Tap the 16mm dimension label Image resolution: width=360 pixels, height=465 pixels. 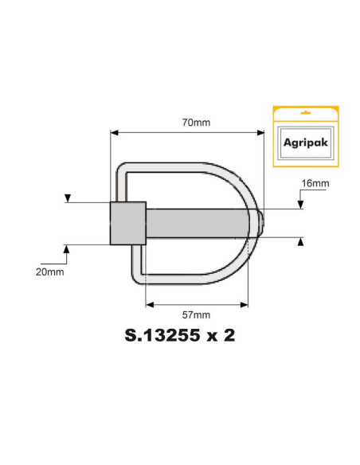pyautogui.click(x=315, y=183)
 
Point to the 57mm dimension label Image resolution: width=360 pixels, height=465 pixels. pyautogui.click(x=196, y=315)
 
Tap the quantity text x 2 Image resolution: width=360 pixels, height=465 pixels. pyautogui.click(x=221, y=337)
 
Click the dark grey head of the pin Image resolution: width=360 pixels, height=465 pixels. pyautogui.click(x=127, y=222)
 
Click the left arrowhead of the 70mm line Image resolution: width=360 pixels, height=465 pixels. pyautogui.click(x=114, y=133)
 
